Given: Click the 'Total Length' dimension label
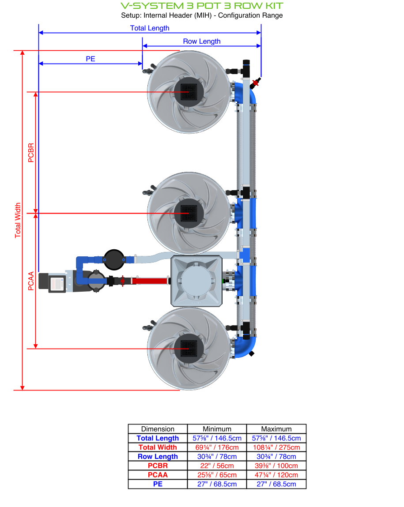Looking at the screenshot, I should pyautogui.click(x=150, y=28).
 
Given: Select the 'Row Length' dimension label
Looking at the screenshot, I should pyautogui.click(x=202, y=41).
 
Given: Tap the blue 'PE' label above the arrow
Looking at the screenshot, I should pyautogui.click(x=91, y=59).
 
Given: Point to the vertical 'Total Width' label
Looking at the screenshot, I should pyautogui.click(x=18, y=220).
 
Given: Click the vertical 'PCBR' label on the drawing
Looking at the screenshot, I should pyautogui.click(x=31, y=153).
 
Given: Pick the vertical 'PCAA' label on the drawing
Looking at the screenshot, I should pyautogui.click(x=31, y=281).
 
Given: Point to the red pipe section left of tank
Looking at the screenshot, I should pyautogui.click(x=149, y=281).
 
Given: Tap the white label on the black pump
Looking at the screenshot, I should pyautogui.click(x=56, y=284).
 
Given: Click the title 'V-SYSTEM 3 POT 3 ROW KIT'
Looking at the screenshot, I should pyautogui.click(x=202, y=6).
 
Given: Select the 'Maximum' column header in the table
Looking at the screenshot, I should pyautogui.click(x=276, y=429).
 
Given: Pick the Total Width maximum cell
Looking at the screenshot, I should pyautogui.click(x=276, y=447).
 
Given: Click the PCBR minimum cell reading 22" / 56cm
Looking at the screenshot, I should pyautogui.click(x=217, y=466).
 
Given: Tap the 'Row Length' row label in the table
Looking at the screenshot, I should pyautogui.click(x=158, y=457).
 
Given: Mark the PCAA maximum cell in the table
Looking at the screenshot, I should pyautogui.click(x=276, y=475).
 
